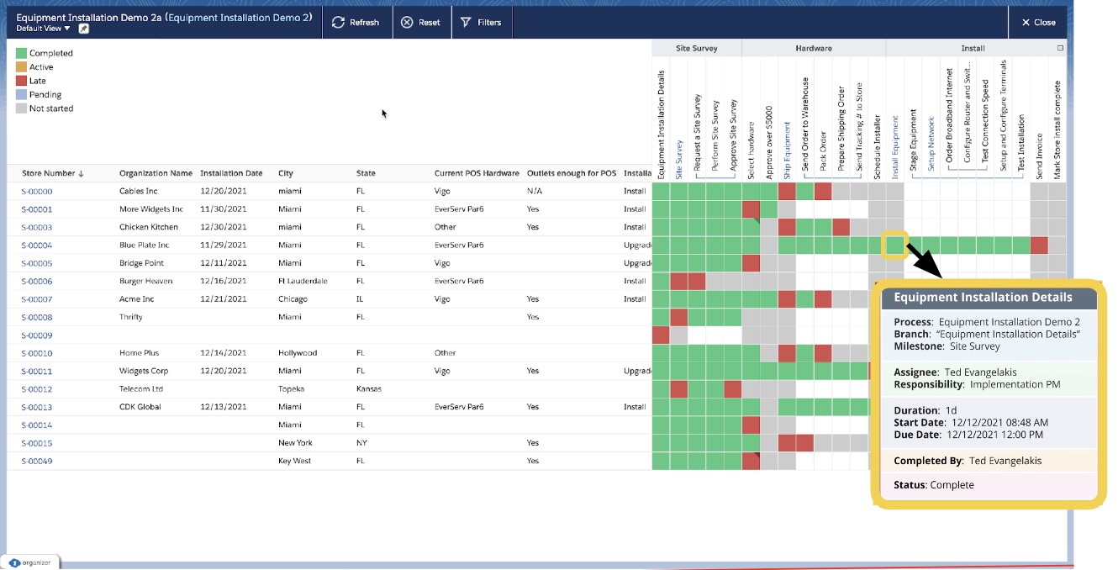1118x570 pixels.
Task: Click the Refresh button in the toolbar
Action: pos(356,23)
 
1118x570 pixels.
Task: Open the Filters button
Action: pos(481,23)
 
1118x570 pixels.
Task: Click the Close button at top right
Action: pos(1038,23)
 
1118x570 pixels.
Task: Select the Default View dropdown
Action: pos(44,29)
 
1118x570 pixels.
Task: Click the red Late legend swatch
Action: pos(21,81)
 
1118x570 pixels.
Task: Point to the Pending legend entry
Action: pos(45,95)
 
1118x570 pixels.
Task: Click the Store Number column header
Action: pos(52,174)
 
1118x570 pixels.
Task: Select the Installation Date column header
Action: pos(231,174)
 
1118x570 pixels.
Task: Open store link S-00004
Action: pos(36,245)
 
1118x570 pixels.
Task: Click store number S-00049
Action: pos(36,461)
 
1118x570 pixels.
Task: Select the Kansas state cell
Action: pos(368,389)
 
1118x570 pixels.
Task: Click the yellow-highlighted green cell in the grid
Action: pos(894,245)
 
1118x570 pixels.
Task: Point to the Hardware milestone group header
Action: pos(813,49)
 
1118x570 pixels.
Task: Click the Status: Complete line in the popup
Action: pos(933,485)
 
